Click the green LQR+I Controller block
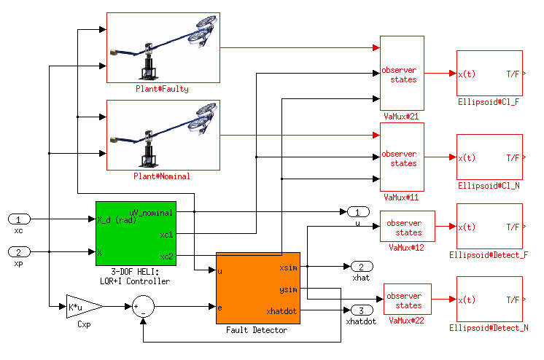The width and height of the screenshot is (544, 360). point(136,234)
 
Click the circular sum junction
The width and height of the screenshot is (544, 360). point(144,307)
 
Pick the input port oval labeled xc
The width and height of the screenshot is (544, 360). point(19,219)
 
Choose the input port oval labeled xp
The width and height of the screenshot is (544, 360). point(19,252)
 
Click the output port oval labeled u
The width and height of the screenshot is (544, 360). point(357,212)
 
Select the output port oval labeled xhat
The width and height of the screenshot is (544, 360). point(362,267)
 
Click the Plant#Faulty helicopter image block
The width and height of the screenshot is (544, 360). point(163,47)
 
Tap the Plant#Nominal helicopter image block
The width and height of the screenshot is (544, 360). point(163,135)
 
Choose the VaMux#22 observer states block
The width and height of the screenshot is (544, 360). point(408,300)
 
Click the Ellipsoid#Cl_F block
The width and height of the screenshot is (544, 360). point(489,73)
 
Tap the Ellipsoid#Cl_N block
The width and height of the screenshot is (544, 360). point(489,157)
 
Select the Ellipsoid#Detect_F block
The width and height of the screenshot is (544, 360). point(489,226)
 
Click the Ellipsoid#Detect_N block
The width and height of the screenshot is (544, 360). point(489,299)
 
